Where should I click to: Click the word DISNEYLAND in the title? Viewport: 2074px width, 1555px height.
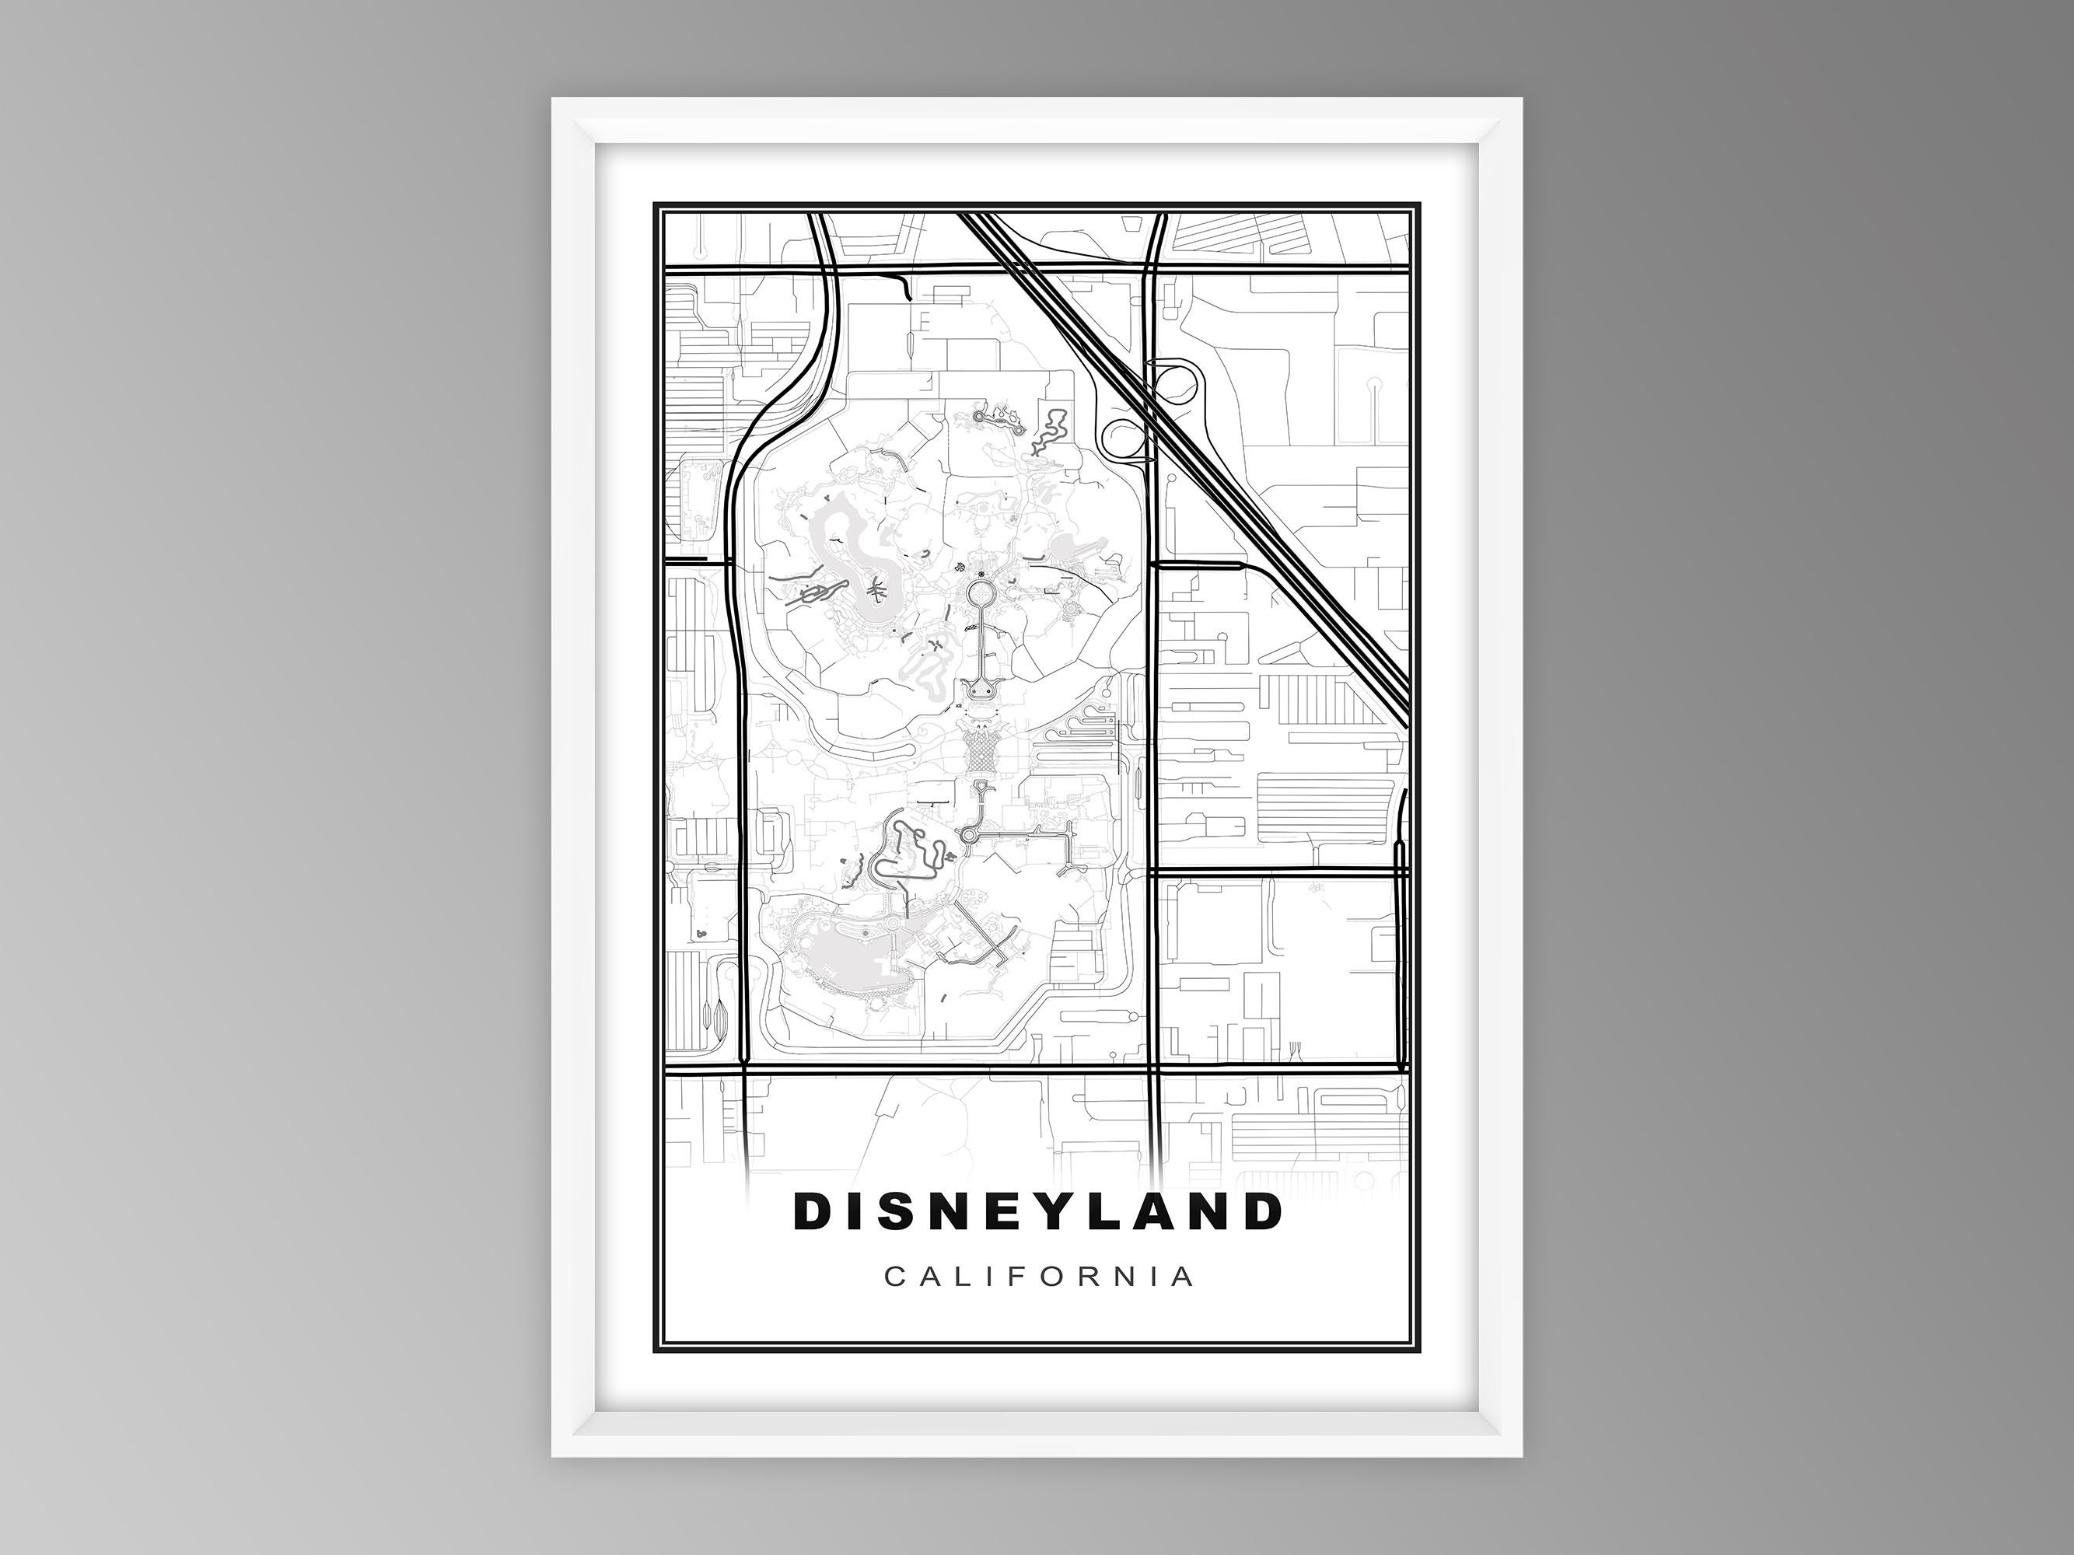point(1037,1211)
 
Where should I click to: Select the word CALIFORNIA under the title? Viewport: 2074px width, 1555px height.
point(1039,1277)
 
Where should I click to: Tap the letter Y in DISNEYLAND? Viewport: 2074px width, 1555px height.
point(1086,1211)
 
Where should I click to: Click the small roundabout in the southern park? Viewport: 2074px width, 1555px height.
point(970,833)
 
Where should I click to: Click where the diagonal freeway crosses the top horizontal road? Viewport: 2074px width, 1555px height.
point(1021,268)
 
